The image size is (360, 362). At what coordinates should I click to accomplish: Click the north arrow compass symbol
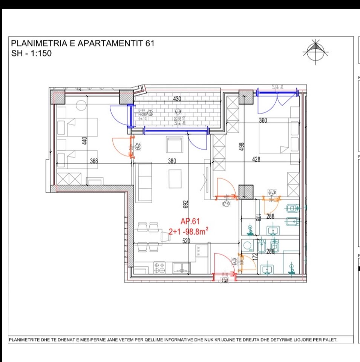[x=315, y=52]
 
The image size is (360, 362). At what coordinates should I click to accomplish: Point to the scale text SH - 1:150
[x=32, y=53]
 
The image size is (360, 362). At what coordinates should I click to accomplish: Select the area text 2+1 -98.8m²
[x=188, y=232]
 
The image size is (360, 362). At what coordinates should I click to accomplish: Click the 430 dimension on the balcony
[x=177, y=99]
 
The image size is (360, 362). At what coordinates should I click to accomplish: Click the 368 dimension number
[x=93, y=161]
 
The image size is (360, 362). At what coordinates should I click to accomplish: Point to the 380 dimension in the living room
[x=172, y=161]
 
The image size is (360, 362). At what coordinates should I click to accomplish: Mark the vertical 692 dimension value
[x=185, y=204]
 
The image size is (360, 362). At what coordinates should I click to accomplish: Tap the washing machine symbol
[x=248, y=246]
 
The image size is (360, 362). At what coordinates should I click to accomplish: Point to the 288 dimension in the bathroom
[x=270, y=217]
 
